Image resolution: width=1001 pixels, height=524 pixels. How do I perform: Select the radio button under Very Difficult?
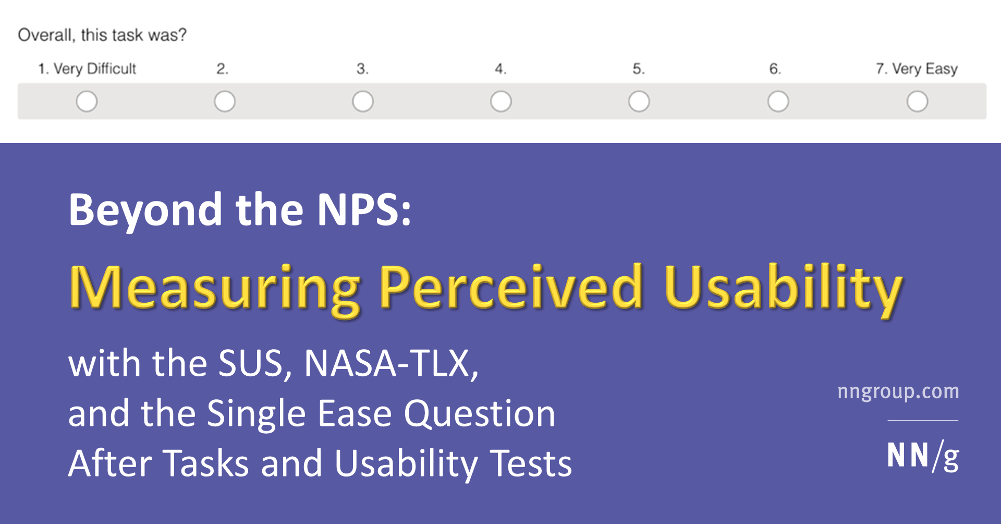coord(87,101)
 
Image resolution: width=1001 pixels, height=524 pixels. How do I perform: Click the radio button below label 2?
coord(225,101)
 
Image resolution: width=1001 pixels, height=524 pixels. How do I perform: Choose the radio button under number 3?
coord(363,101)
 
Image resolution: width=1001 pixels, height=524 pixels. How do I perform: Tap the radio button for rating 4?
coord(501,101)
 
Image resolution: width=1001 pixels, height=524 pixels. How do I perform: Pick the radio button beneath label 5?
coord(639,101)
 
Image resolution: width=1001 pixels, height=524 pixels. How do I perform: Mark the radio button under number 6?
coord(778,101)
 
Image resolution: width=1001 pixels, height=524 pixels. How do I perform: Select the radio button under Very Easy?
coord(917,101)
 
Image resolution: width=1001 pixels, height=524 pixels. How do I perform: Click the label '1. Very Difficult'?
coord(87,69)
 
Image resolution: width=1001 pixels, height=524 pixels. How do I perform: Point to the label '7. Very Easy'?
coord(917,69)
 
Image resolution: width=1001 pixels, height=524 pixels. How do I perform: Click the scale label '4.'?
coord(500,69)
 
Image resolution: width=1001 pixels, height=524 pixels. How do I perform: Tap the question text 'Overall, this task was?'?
coord(102,35)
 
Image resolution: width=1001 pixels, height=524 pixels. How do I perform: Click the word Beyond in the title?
coord(145,210)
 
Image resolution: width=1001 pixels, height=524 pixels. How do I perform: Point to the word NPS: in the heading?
coord(364,210)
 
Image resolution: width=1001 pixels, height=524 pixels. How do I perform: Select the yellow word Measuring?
coord(214,288)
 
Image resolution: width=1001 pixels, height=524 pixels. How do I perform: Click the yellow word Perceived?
coord(511,288)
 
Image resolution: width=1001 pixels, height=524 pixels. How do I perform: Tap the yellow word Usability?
coord(783,288)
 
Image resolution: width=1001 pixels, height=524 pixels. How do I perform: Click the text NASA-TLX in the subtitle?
coord(391,363)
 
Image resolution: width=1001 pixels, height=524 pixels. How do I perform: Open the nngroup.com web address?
coord(898,391)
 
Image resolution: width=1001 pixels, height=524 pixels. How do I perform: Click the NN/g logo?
coord(923,456)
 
